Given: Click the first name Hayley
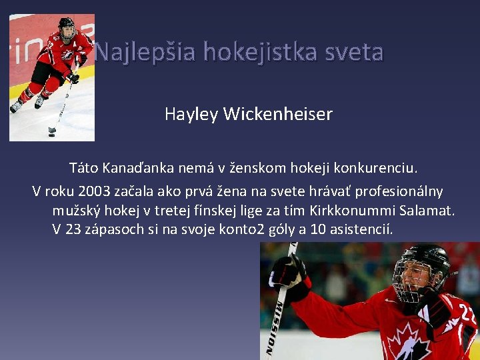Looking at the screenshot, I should [191, 115].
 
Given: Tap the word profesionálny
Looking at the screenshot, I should [399, 191].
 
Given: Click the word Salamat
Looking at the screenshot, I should [427, 211].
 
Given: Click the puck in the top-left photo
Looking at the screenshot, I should [52, 130].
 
